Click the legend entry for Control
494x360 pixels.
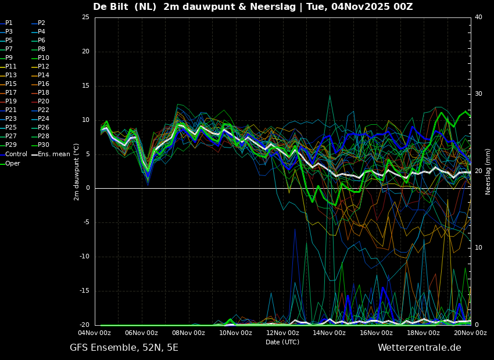point(16,154)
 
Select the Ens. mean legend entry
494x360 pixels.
point(53,154)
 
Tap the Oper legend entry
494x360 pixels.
point(13,163)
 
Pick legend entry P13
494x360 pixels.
point(11,75)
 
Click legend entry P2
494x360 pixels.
point(41,23)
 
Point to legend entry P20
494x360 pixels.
point(44,102)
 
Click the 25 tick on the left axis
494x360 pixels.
point(85,17)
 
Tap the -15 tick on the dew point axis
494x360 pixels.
point(84,291)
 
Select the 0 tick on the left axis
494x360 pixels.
point(87,188)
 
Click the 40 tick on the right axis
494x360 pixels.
point(478,17)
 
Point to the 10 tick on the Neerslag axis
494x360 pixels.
point(478,248)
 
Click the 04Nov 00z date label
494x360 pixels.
point(94,333)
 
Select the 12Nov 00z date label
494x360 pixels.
point(282,333)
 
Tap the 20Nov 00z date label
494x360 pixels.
point(470,333)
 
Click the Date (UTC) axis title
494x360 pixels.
point(282,343)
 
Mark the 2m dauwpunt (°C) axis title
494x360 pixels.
point(77,171)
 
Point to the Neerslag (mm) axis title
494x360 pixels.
point(488,171)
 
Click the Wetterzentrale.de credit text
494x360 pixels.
point(419,348)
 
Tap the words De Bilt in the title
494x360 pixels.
point(113,7)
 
